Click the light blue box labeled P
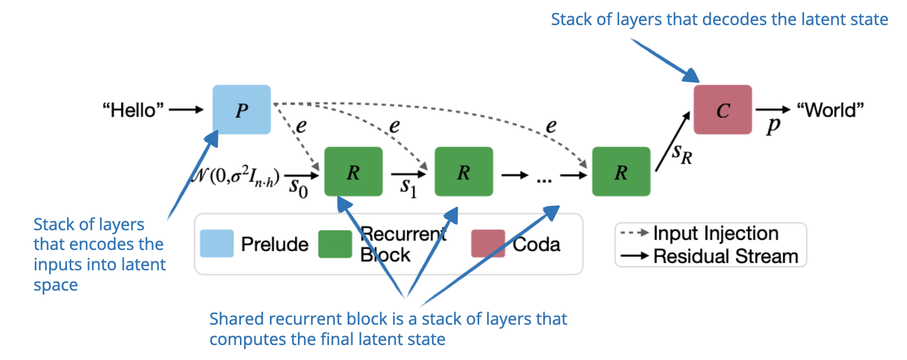pos(242,109)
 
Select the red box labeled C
pos(722,110)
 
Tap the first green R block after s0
pos(353,172)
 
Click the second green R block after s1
pos(463,172)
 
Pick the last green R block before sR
pos(620,172)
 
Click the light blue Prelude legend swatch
pos(216,244)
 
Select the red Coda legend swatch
pos(488,244)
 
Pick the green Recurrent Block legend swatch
pos(334,244)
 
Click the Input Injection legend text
pos(716,233)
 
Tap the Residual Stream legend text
pos(725,257)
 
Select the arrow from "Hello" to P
pos(187,110)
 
